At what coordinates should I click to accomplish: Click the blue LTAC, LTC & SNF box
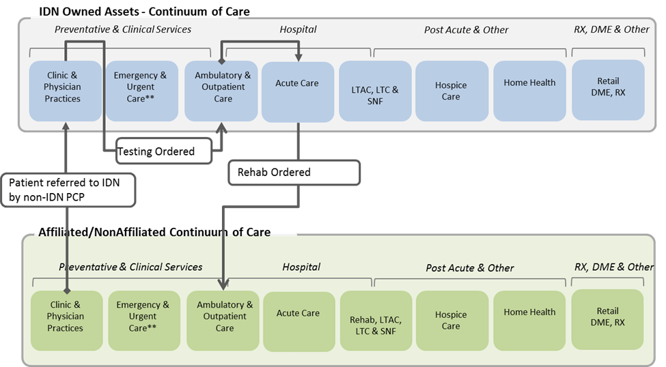click(x=376, y=91)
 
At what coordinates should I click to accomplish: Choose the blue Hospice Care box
click(x=452, y=91)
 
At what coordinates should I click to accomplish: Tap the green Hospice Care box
click(x=452, y=321)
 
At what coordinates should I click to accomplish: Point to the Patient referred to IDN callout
click(x=68, y=189)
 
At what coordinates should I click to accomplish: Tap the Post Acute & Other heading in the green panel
click(x=470, y=268)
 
